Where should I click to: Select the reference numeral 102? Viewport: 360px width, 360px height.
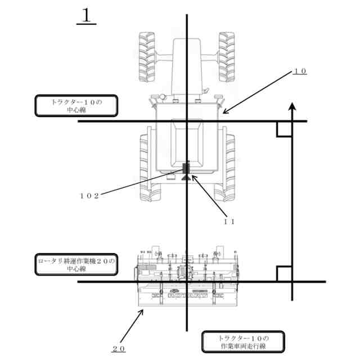89,196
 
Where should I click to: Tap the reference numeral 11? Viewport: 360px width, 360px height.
228,221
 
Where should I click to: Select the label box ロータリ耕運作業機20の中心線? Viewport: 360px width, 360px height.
75,265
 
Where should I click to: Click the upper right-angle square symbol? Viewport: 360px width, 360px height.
283,130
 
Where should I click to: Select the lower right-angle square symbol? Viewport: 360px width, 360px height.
283,274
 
